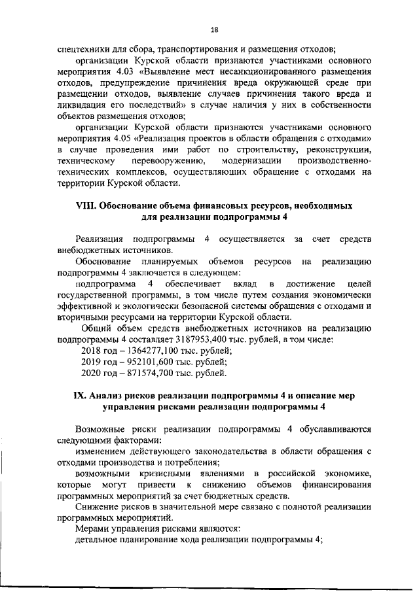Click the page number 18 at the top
(214, 29)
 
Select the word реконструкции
(340, 149)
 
